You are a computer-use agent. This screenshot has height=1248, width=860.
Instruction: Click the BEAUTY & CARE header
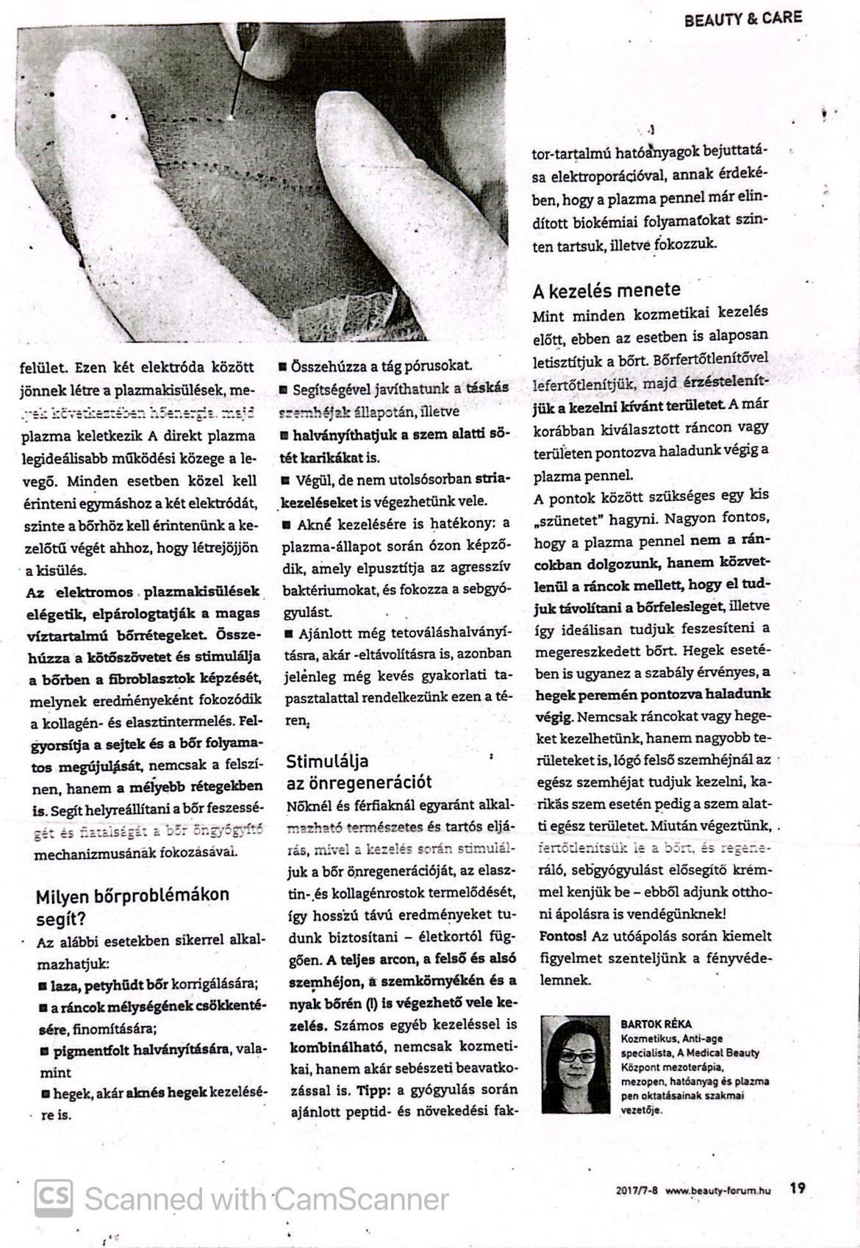point(742,18)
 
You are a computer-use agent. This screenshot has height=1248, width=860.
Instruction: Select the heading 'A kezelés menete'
point(606,290)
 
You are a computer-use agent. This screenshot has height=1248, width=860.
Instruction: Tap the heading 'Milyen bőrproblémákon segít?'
point(132,906)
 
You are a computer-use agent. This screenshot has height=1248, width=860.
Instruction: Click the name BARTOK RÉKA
point(656,1023)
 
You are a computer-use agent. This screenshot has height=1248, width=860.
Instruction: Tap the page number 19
point(798,1187)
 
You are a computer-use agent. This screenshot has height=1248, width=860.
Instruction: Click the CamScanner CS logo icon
point(54,1199)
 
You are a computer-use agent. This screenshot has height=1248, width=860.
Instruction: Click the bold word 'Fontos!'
point(562,937)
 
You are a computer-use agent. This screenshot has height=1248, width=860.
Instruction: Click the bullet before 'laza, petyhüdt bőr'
point(43,985)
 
